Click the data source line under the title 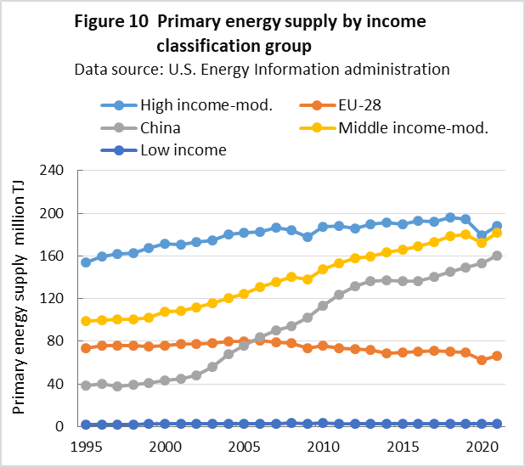coord(262,68)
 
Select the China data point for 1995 coord(86,385)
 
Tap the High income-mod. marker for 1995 coord(86,262)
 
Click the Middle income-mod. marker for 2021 coord(497,233)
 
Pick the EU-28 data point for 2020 coord(482,360)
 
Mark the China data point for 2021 coord(497,256)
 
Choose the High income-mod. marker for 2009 coord(308,237)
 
